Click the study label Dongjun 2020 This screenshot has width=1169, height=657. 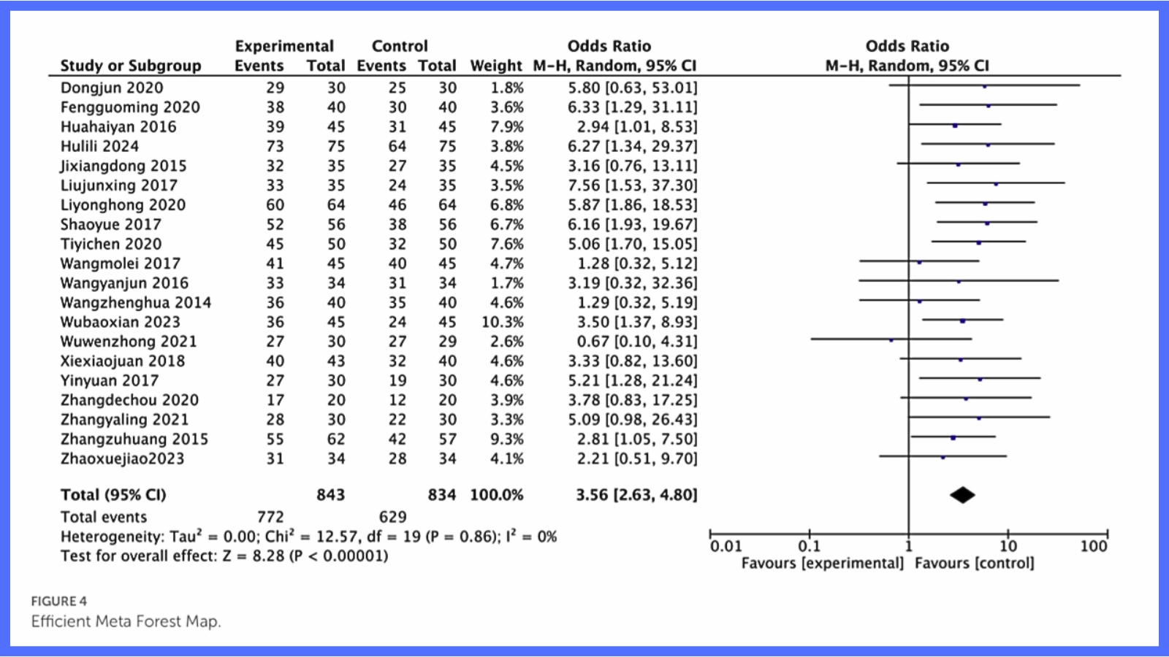click(x=112, y=88)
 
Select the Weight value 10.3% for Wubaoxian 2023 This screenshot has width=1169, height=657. click(x=502, y=322)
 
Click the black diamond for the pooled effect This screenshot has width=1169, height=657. click(x=962, y=495)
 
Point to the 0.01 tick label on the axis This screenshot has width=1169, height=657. click(x=726, y=546)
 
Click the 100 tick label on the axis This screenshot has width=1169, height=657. click(x=1094, y=546)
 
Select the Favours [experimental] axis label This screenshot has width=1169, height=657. click(x=822, y=563)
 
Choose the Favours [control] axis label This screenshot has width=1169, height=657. click(x=974, y=563)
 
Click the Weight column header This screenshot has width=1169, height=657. click(x=496, y=66)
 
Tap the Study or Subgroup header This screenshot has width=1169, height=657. click(x=131, y=66)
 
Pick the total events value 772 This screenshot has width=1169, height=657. click(x=270, y=517)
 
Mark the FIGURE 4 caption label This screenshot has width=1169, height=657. click(x=58, y=601)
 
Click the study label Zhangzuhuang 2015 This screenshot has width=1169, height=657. click(x=134, y=439)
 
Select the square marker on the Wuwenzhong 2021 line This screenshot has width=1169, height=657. click(x=891, y=340)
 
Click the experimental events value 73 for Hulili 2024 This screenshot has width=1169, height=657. click(x=275, y=146)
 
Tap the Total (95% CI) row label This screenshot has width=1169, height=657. click(x=113, y=495)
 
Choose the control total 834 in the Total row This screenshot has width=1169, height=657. click(x=441, y=495)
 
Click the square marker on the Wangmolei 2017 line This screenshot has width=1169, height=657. click(x=919, y=262)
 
